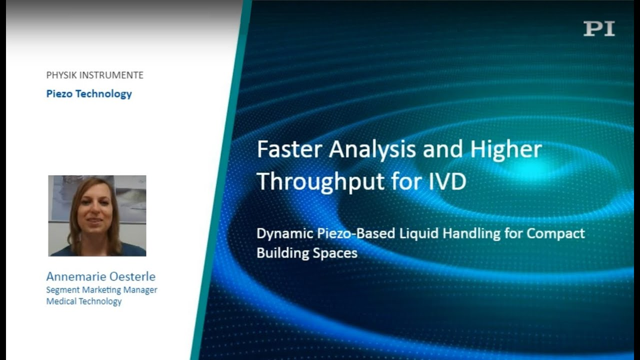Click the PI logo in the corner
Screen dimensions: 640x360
(x=599, y=29)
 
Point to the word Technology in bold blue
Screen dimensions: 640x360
(x=104, y=94)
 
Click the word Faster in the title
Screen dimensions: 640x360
(x=289, y=149)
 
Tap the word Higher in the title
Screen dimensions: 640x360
(x=506, y=150)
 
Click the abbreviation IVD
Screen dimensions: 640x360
(x=447, y=182)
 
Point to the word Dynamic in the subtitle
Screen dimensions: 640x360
(x=285, y=233)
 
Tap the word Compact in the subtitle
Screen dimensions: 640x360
(x=556, y=233)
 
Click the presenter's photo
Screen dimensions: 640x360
(x=97, y=216)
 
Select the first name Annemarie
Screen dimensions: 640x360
(x=76, y=276)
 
